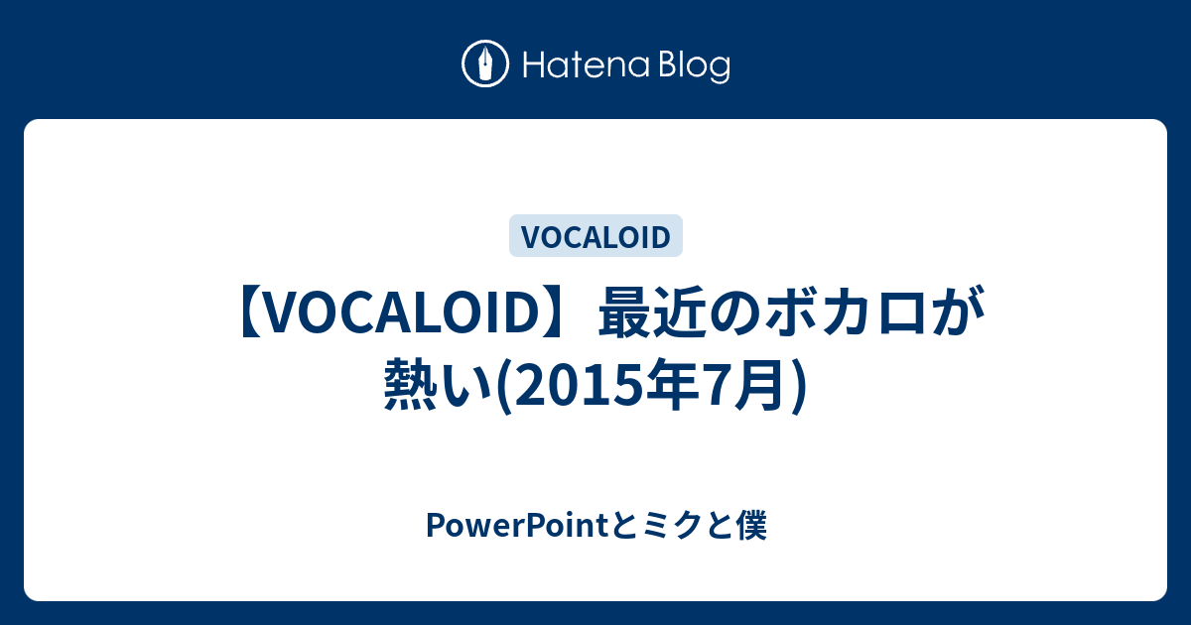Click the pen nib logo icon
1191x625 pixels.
click(485, 63)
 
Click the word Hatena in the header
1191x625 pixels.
click(587, 65)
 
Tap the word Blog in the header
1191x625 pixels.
click(695, 66)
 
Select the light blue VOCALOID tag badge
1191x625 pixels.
click(595, 235)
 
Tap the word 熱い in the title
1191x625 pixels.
click(437, 384)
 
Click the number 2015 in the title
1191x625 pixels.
click(580, 385)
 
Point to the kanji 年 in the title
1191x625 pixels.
click(673, 384)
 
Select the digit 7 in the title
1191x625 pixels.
click(717, 385)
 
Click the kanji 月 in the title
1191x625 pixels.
click(761, 384)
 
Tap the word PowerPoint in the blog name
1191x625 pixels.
click(517, 525)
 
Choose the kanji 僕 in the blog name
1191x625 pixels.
click(751, 526)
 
